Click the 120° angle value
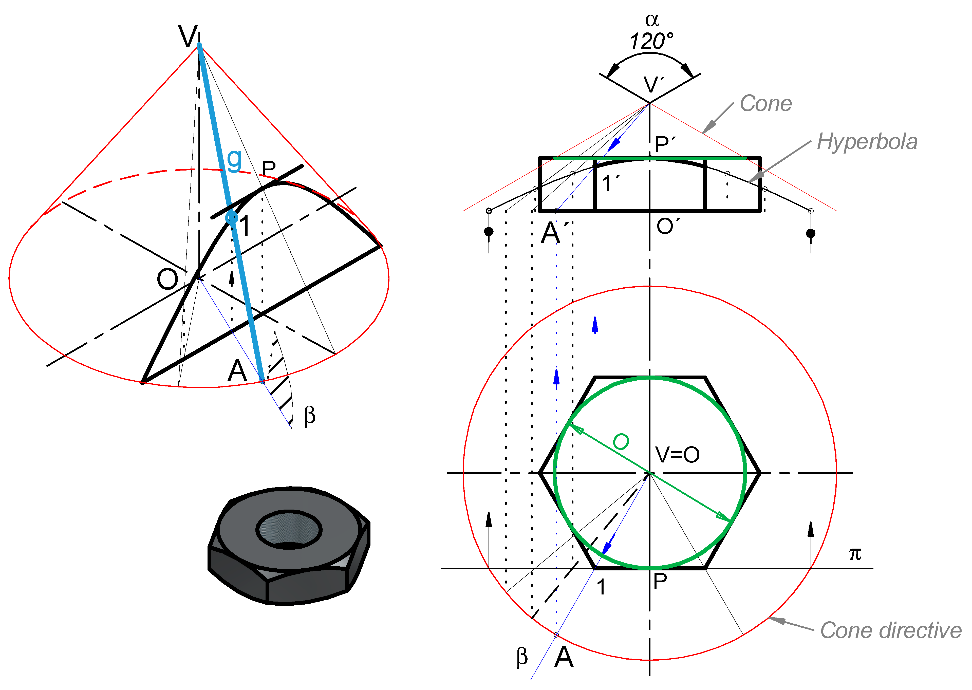coord(651,42)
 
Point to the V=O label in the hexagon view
coord(677,455)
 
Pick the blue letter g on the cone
coord(234,159)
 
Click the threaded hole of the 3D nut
coord(289,529)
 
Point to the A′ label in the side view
coord(554,233)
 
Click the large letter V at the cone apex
coord(188,36)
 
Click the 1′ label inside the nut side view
coord(610,183)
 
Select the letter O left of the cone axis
coord(167,279)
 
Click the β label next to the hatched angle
coord(310,415)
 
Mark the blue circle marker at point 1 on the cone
coord(232,217)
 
